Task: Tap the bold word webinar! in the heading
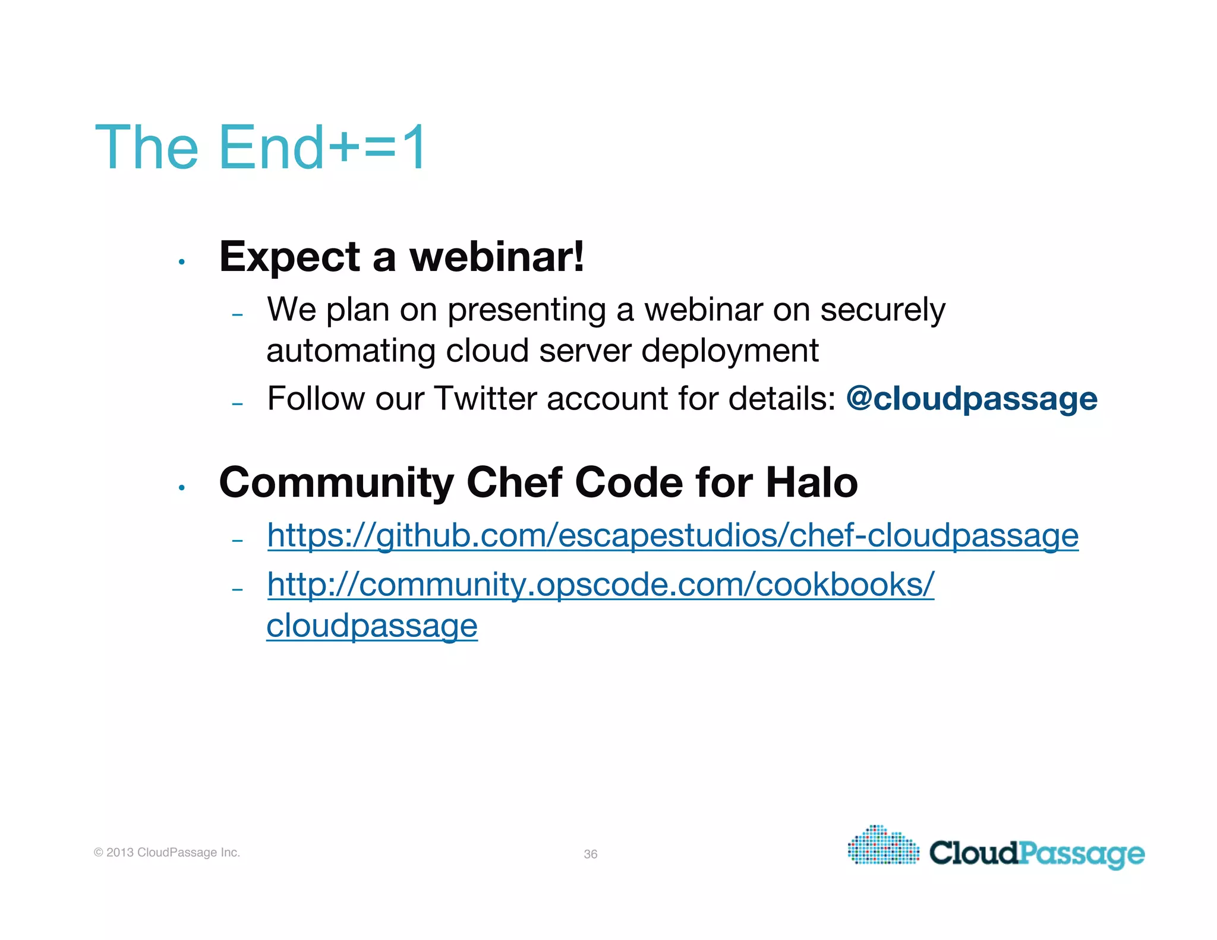tap(497, 257)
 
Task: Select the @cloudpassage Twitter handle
tap(972, 399)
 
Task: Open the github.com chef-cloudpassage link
tap(672, 535)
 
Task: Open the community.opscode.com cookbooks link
tap(600, 585)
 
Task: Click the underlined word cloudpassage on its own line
tap(372, 626)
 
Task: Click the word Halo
tap(812, 482)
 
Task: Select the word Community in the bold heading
tap(336, 482)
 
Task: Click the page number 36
tap(590, 854)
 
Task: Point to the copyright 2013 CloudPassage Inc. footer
tap(167, 852)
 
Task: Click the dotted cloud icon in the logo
tap(883, 846)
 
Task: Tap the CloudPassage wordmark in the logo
tap(1036, 854)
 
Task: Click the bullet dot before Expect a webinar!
tap(182, 261)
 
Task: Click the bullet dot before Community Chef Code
tap(182, 488)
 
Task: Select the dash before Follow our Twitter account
tap(238, 403)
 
